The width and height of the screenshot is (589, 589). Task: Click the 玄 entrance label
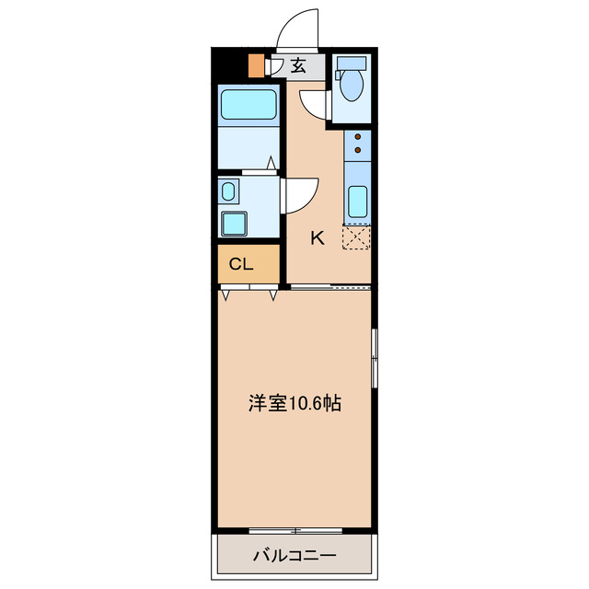pyautogui.click(x=299, y=65)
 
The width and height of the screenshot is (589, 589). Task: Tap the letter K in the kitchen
pyautogui.click(x=317, y=237)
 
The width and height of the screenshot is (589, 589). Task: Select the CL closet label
pyautogui.click(x=241, y=264)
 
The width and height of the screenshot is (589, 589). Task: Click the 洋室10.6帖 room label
pyautogui.click(x=294, y=403)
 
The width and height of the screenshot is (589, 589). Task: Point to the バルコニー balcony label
pyautogui.click(x=294, y=556)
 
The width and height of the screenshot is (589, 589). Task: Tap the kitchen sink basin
pyautogui.click(x=357, y=201)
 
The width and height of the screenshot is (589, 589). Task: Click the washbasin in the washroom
pyautogui.click(x=228, y=192)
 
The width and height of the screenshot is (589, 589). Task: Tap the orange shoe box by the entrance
pyautogui.click(x=256, y=67)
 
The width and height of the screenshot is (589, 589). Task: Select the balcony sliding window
pyautogui.click(x=295, y=531)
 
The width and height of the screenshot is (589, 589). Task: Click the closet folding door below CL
pyautogui.click(x=249, y=293)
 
